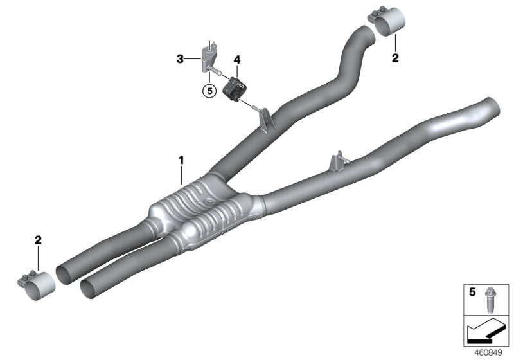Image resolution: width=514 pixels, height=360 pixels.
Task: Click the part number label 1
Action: (181, 158)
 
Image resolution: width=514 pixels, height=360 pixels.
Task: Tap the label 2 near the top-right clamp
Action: (395, 58)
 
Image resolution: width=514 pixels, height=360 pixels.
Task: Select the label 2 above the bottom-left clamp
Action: (39, 240)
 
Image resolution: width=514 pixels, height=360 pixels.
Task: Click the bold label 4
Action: (237, 60)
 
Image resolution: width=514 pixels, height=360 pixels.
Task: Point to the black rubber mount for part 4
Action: (235, 87)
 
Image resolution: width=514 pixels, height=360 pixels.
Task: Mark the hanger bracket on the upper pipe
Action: (265, 118)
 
